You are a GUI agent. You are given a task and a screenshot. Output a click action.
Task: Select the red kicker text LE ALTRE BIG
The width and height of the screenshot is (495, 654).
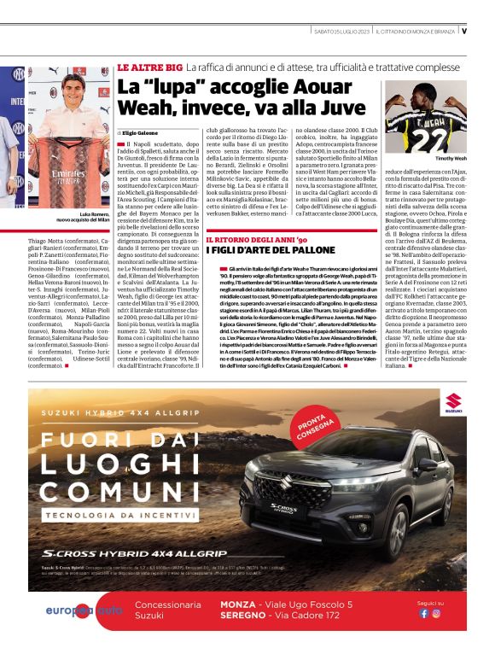click(x=149, y=67)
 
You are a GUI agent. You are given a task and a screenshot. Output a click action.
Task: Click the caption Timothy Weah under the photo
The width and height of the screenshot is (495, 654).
click(x=451, y=159)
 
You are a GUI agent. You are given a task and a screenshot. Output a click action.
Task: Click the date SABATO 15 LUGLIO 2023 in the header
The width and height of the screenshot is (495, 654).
click(x=341, y=31)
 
